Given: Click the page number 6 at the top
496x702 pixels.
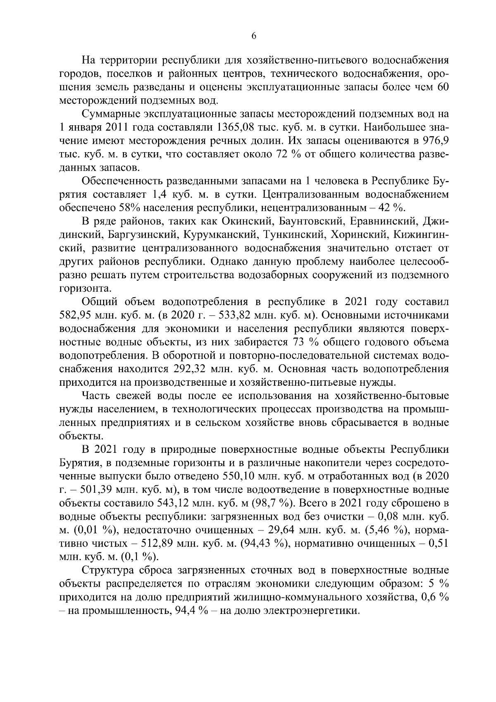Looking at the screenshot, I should pyautogui.click(x=254, y=36).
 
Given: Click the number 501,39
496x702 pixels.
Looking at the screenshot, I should pyautogui.click(x=94, y=489).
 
